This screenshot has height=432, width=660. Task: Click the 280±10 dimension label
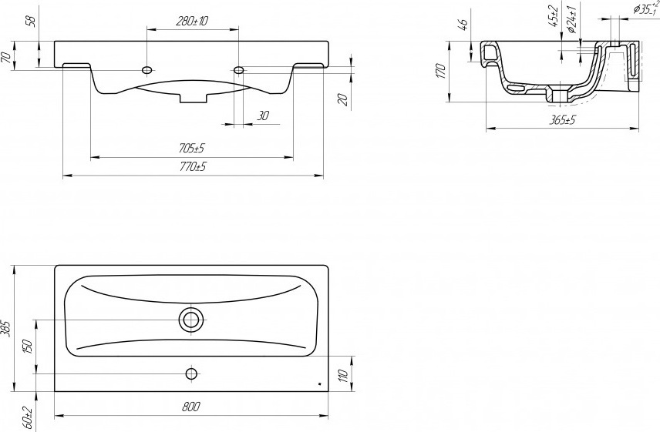click(x=192, y=21)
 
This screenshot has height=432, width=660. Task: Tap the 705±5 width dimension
click(x=191, y=149)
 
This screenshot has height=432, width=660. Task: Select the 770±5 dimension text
click(x=193, y=167)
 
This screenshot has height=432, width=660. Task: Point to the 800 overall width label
click(x=191, y=407)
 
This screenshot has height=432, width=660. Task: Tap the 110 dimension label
click(x=343, y=375)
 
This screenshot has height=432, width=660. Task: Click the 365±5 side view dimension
click(x=562, y=120)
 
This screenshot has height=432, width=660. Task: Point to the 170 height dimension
click(x=440, y=71)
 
